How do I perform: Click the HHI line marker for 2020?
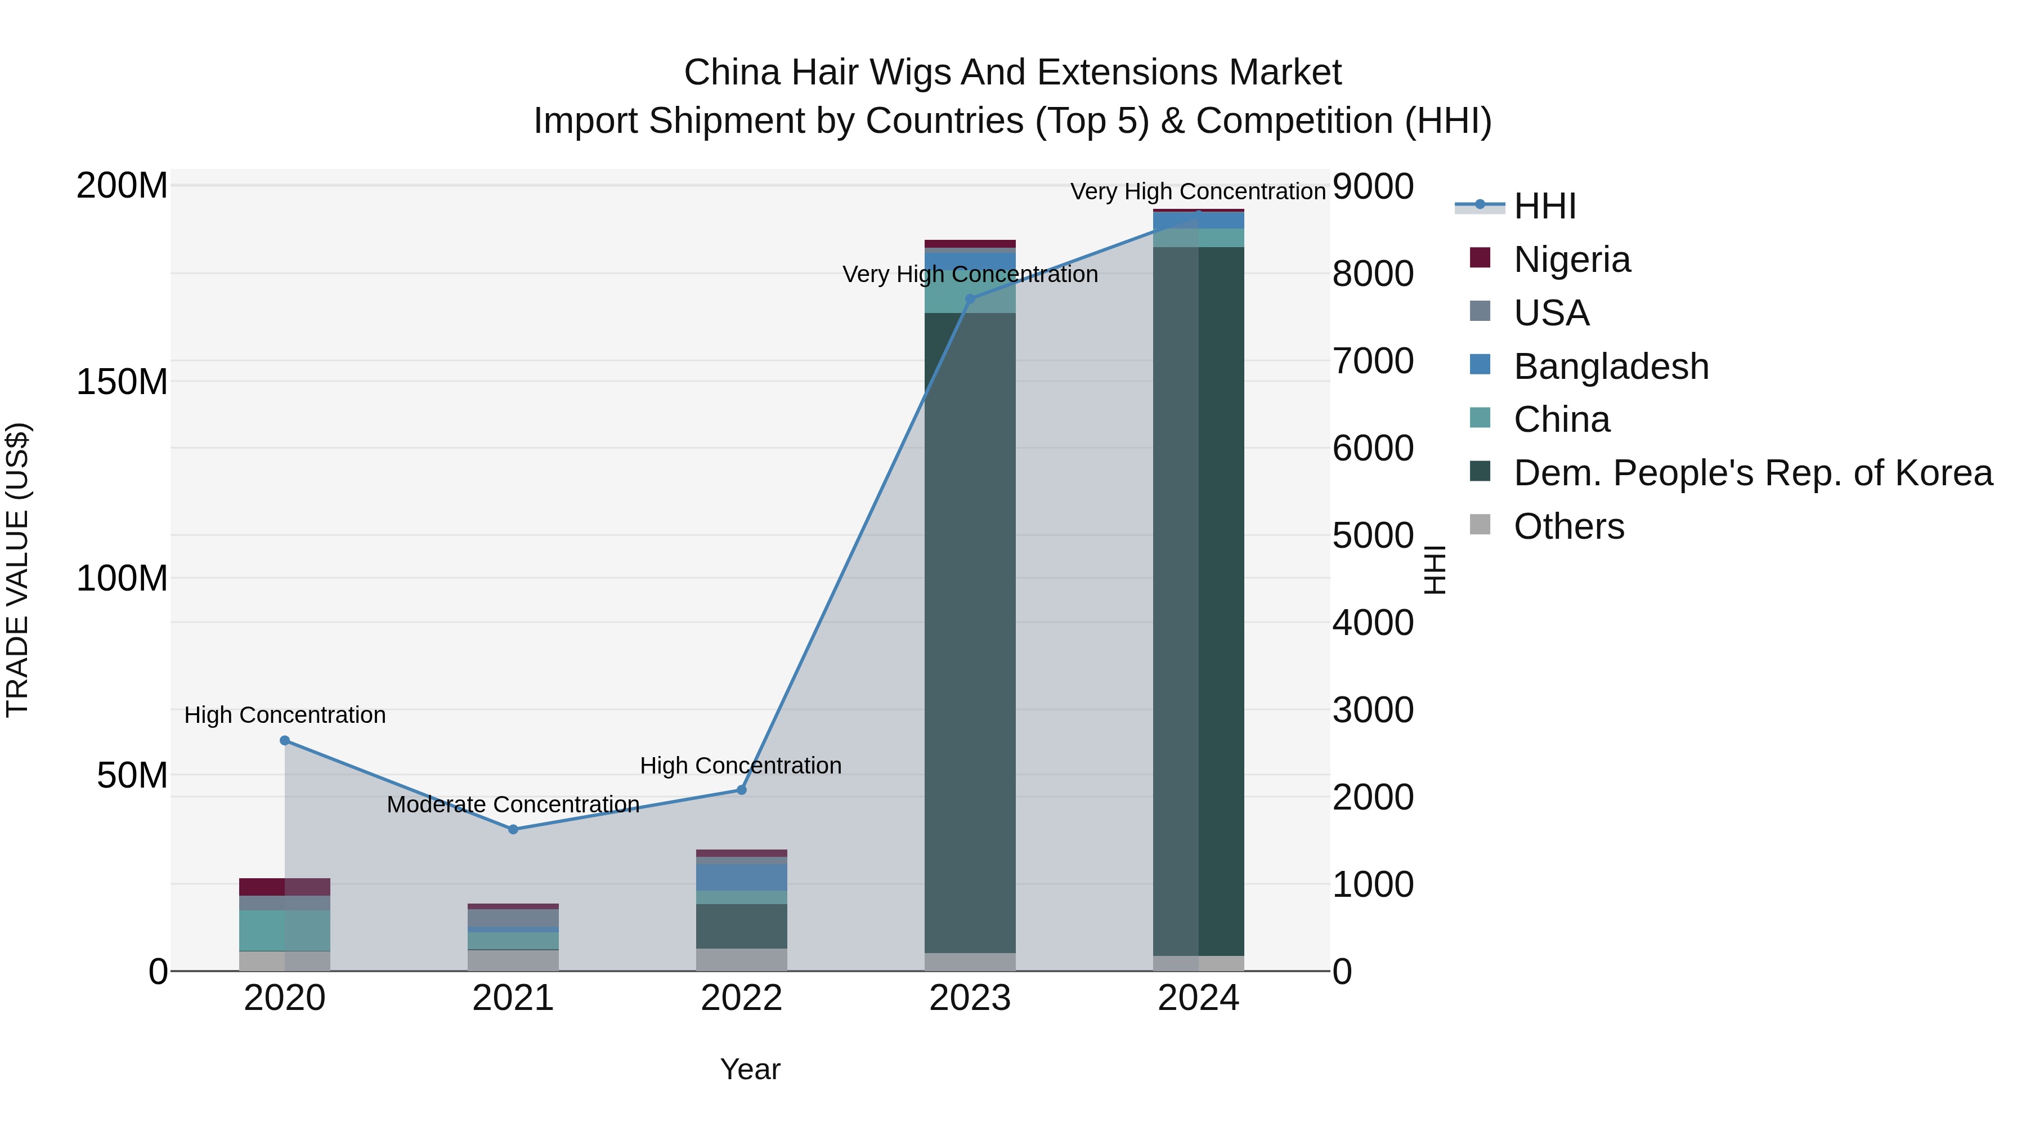[x=285, y=740]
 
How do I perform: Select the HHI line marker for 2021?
[x=513, y=829]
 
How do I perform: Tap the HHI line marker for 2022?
[x=741, y=789]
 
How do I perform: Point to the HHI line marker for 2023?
[x=970, y=299]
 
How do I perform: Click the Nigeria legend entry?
[x=1571, y=260]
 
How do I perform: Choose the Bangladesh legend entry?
[x=1610, y=366]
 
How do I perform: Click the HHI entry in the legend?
[x=1544, y=206]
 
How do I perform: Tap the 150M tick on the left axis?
[x=122, y=382]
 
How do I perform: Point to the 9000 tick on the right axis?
[x=1373, y=187]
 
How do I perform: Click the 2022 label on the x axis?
[x=741, y=998]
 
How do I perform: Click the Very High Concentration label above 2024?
[x=1197, y=191]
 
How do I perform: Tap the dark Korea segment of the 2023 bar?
[x=970, y=629]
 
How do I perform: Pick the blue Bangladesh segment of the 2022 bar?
[x=741, y=877]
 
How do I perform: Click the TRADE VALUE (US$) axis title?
[x=17, y=570]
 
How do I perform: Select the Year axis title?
[x=750, y=1069]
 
